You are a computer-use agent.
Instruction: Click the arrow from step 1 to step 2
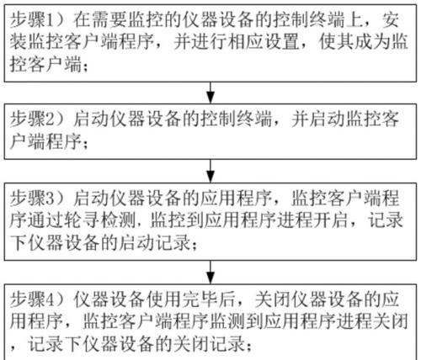[x=210, y=93]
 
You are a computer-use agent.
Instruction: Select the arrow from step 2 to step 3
[x=210, y=171]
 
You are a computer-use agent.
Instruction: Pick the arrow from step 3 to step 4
[x=210, y=272]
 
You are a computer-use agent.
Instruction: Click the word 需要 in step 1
[x=109, y=20]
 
